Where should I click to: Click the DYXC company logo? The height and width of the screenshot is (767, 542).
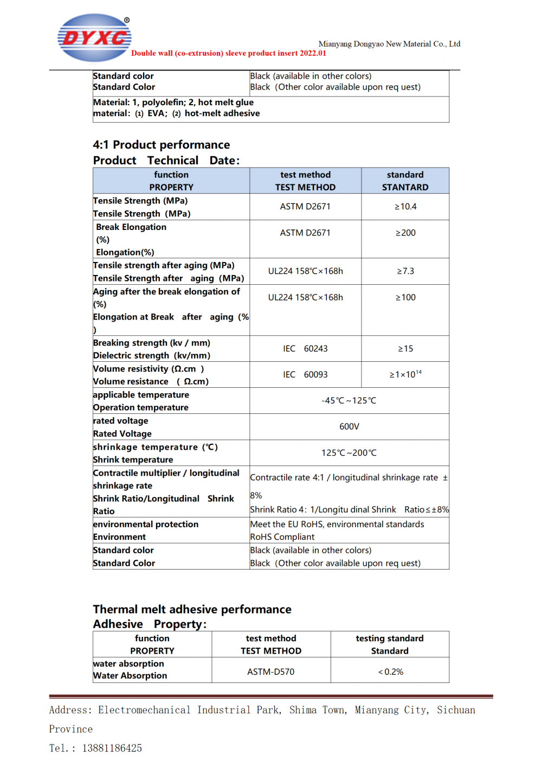[x=94, y=37]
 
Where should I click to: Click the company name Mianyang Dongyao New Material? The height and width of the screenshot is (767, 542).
[x=389, y=44]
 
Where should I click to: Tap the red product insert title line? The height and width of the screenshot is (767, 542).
[x=228, y=53]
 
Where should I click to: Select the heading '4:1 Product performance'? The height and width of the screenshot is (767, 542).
[x=162, y=145]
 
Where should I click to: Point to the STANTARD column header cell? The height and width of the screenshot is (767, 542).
[x=405, y=181]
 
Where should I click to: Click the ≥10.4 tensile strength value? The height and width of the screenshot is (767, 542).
[x=405, y=207]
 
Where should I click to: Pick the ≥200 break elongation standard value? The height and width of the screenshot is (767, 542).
[x=405, y=233]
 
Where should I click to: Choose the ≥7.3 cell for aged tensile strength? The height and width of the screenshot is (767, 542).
[x=405, y=271]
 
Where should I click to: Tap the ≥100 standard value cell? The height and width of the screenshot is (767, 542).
[x=405, y=297]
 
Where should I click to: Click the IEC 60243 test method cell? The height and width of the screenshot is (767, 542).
[x=305, y=349]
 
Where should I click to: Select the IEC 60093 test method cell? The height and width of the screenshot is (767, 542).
[x=305, y=375]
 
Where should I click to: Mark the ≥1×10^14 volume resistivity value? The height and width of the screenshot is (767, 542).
[x=405, y=375]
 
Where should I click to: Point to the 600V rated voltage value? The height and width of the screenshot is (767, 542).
[x=349, y=427]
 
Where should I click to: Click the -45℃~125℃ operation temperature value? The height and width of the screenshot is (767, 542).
[x=349, y=401]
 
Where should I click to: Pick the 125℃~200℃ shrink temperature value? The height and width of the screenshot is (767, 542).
[x=349, y=453]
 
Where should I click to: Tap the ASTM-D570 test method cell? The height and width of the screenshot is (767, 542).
[x=271, y=672]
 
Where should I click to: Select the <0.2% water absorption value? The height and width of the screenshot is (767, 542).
[x=390, y=672]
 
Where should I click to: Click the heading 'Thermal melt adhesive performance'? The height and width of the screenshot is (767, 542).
[x=192, y=610]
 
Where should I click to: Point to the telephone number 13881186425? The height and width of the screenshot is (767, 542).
[x=112, y=749]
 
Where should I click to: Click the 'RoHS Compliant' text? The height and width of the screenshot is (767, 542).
[x=282, y=537]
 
